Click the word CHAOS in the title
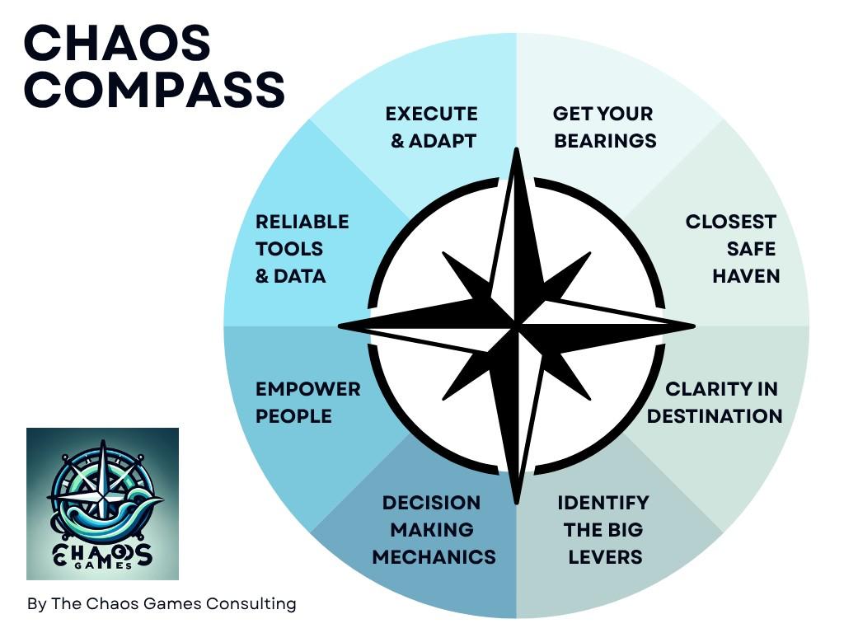click(117, 43)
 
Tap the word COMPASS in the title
click(154, 90)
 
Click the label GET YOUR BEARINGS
click(604, 127)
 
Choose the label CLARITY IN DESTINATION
click(715, 402)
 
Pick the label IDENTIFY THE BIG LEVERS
click(603, 529)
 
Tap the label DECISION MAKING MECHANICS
click(433, 529)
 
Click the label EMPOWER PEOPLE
click(307, 402)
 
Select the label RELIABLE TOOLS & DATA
click(302, 249)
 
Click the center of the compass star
click(517, 326)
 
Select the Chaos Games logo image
click(102, 504)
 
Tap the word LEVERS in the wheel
click(605, 556)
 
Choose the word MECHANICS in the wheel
click(434, 556)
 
